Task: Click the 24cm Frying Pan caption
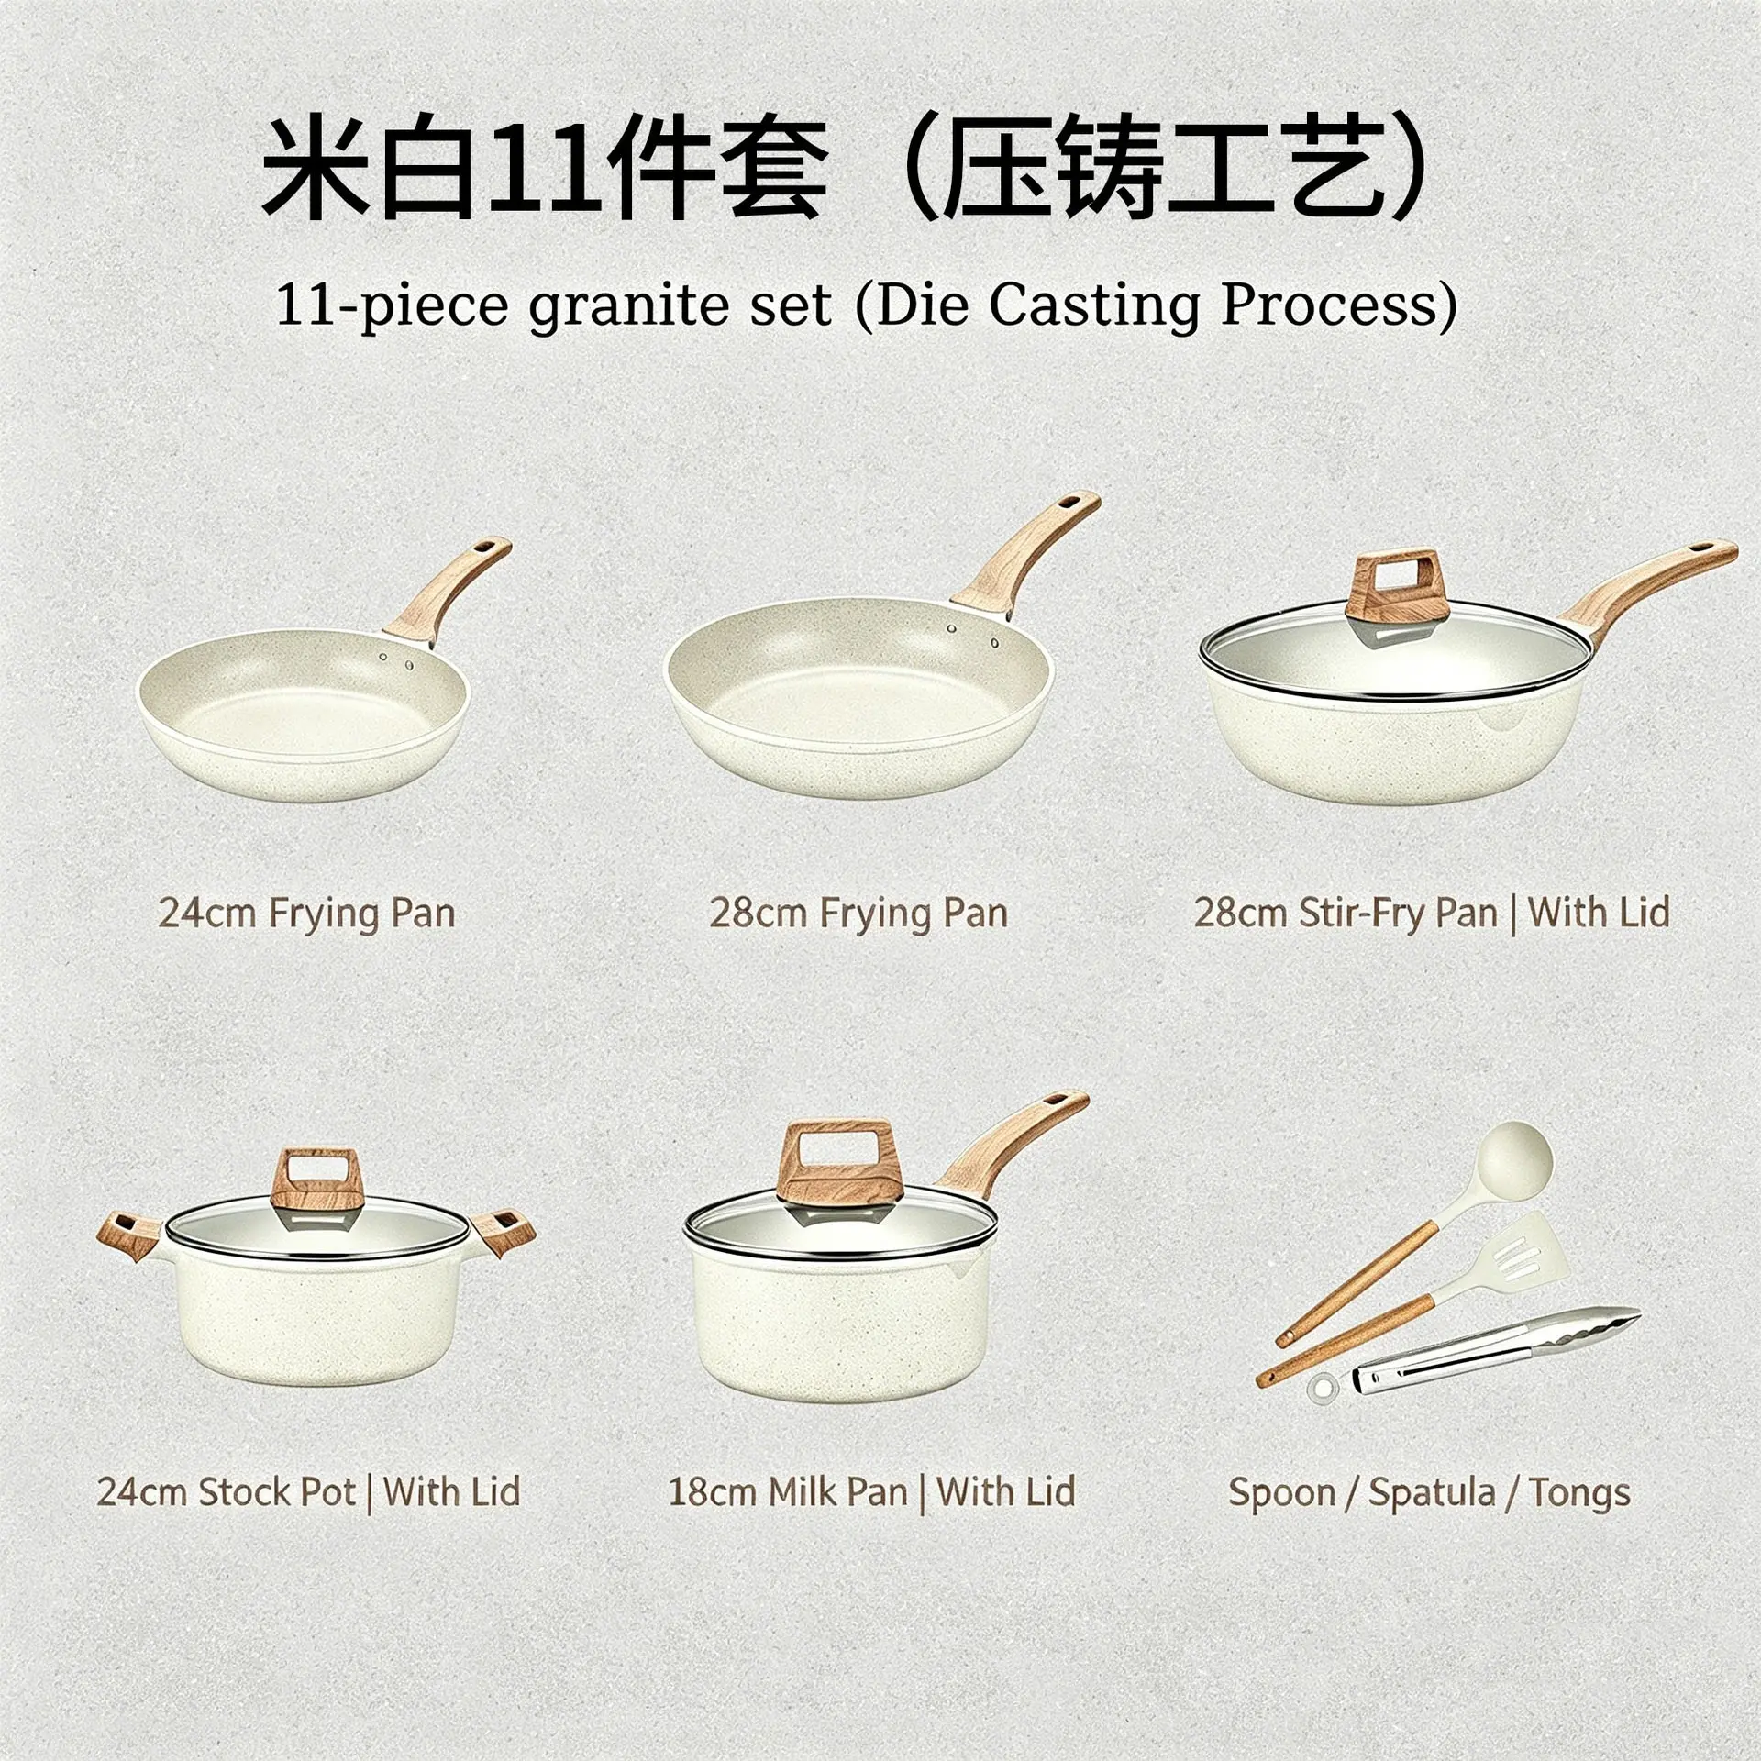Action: coord(307,914)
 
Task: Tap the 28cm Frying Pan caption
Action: coord(858,914)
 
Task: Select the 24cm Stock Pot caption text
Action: coord(309,1492)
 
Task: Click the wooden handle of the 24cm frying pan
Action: coord(449,587)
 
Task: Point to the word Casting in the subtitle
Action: coord(1093,306)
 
